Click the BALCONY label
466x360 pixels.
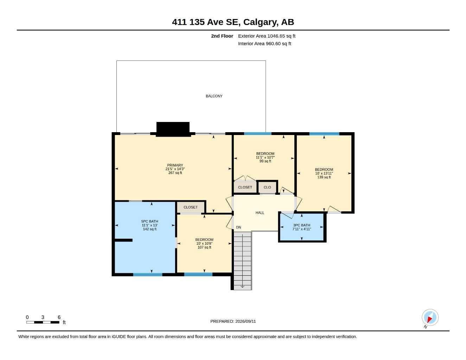tap(214, 96)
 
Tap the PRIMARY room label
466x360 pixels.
tap(175, 165)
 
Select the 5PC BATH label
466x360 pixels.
tap(149, 221)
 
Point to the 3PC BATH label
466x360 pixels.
tap(301, 225)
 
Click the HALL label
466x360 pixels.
tap(260, 213)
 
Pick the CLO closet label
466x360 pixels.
tap(267, 187)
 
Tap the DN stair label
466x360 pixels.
tap(238, 227)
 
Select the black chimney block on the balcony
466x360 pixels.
tap(173, 129)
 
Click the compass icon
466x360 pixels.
tap(430, 317)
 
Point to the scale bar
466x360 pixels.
tap(43, 322)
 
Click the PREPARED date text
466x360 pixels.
tap(233, 321)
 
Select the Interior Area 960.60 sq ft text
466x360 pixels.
tap(264, 44)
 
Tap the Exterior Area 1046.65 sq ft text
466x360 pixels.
tap(267, 36)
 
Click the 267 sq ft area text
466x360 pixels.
tap(175, 173)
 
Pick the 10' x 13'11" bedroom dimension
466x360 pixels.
tap(324, 173)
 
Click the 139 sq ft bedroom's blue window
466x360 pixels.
tap(324, 134)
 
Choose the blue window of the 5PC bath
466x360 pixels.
tap(148, 275)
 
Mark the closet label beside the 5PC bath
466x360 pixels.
tap(190, 207)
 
